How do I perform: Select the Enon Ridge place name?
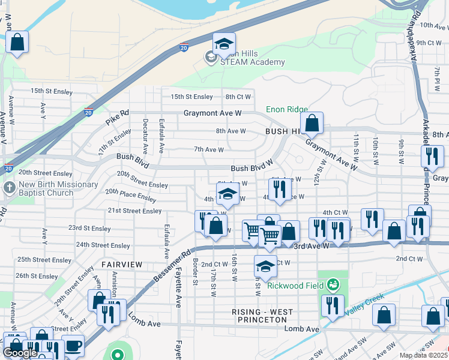coord(286,110)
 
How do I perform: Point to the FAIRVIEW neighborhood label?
coord(122,264)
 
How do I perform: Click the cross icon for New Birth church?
coord(9,188)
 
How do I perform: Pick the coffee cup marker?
coord(73,346)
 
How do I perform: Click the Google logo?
coord(20,353)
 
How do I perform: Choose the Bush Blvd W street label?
coord(252,169)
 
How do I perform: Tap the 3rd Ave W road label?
coord(312,245)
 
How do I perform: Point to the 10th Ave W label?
coord(434,25)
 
